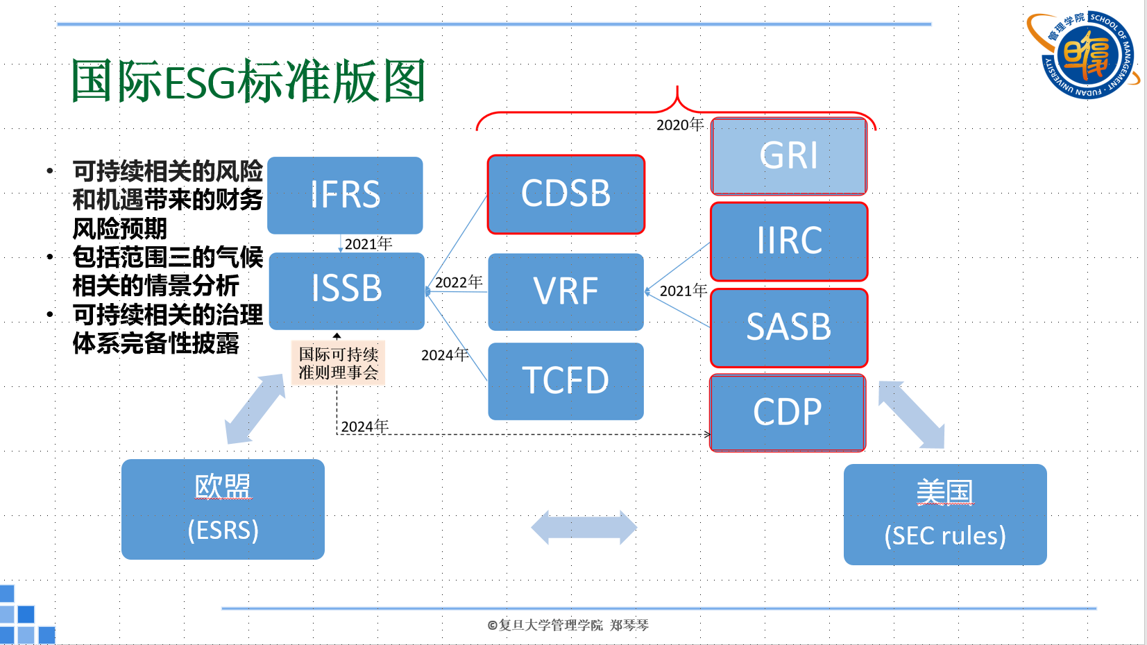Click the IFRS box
tap(345, 195)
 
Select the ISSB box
tap(346, 290)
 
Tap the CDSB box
tap(566, 194)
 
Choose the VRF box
tap(566, 291)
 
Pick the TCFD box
tap(566, 381)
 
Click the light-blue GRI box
tap(789, 156)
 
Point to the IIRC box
tap(789, 241)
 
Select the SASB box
tap(789, 327)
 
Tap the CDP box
tap(788, 413)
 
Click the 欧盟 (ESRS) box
tap(223, 509)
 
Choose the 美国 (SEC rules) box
tap(944, 515)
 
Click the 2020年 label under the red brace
tap(680, 125)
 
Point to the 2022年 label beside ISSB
tap(459, 282)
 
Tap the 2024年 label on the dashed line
tap(365, 427)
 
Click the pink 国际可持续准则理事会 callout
tap(338, 363)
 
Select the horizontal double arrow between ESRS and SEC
tap(584, 527)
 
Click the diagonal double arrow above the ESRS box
tap(255, 409)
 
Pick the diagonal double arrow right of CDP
tap(911, 415)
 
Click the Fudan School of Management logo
tap(1085, 55)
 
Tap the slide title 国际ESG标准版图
tap(248, 81)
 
